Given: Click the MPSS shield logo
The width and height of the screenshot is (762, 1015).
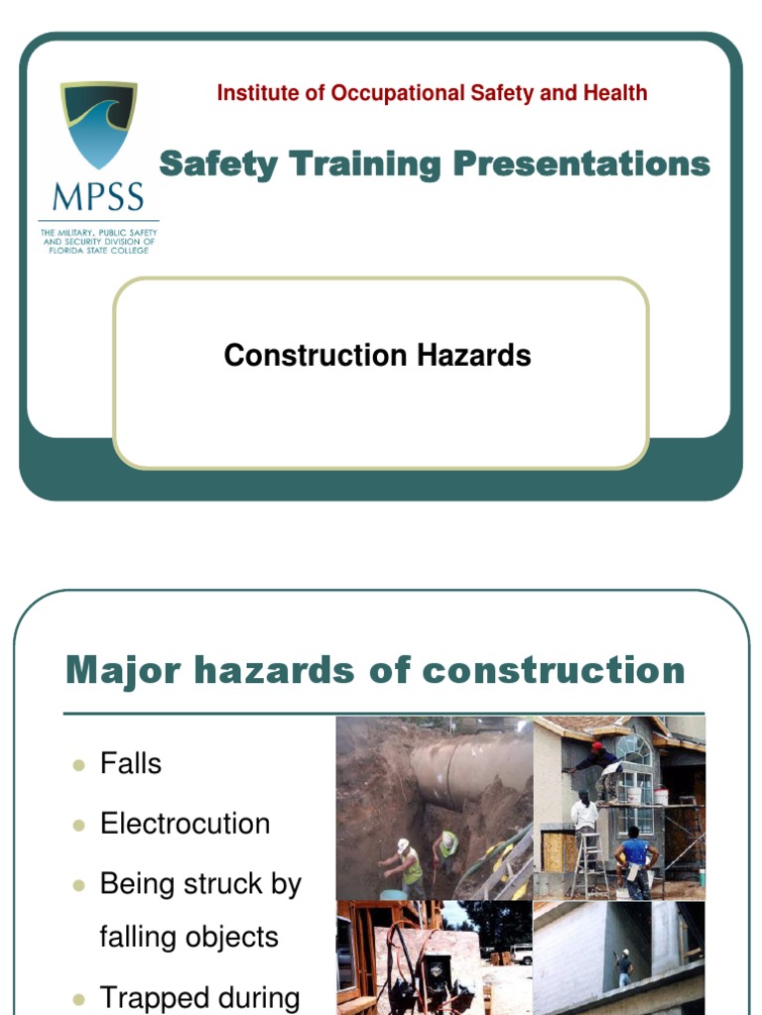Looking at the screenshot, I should pos(98,125).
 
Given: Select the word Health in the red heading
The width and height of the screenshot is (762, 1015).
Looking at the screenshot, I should pos(614,93).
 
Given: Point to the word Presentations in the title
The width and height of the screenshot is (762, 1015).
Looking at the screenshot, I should pos(581,165).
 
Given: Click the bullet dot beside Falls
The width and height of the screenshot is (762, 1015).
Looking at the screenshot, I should pos(79,765).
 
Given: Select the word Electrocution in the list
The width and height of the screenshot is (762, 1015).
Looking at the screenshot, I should pos(185,824).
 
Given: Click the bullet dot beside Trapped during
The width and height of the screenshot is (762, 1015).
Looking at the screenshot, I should pos(79,999).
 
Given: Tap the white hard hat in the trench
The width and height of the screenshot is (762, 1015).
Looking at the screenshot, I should pos(403,845).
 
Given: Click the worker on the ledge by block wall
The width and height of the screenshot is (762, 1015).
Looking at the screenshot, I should pos(622,966).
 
